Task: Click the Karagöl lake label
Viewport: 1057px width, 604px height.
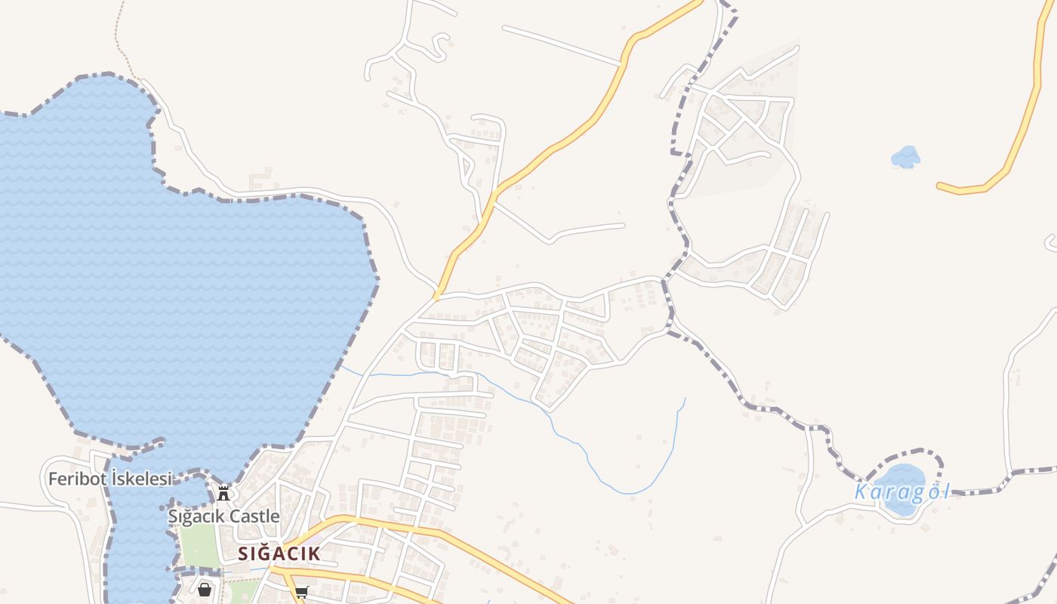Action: click(901, 492)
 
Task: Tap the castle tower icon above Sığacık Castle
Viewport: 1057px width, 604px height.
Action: click(223, 494)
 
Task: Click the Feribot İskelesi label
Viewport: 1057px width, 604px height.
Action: click(109, 479)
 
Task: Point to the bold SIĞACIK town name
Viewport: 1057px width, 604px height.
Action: click(279, 553)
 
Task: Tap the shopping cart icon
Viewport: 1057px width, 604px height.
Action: click(302, 591)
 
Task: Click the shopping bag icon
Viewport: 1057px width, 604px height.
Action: click(205, 590)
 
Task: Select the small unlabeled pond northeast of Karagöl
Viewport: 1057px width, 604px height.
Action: click(905, 157)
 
